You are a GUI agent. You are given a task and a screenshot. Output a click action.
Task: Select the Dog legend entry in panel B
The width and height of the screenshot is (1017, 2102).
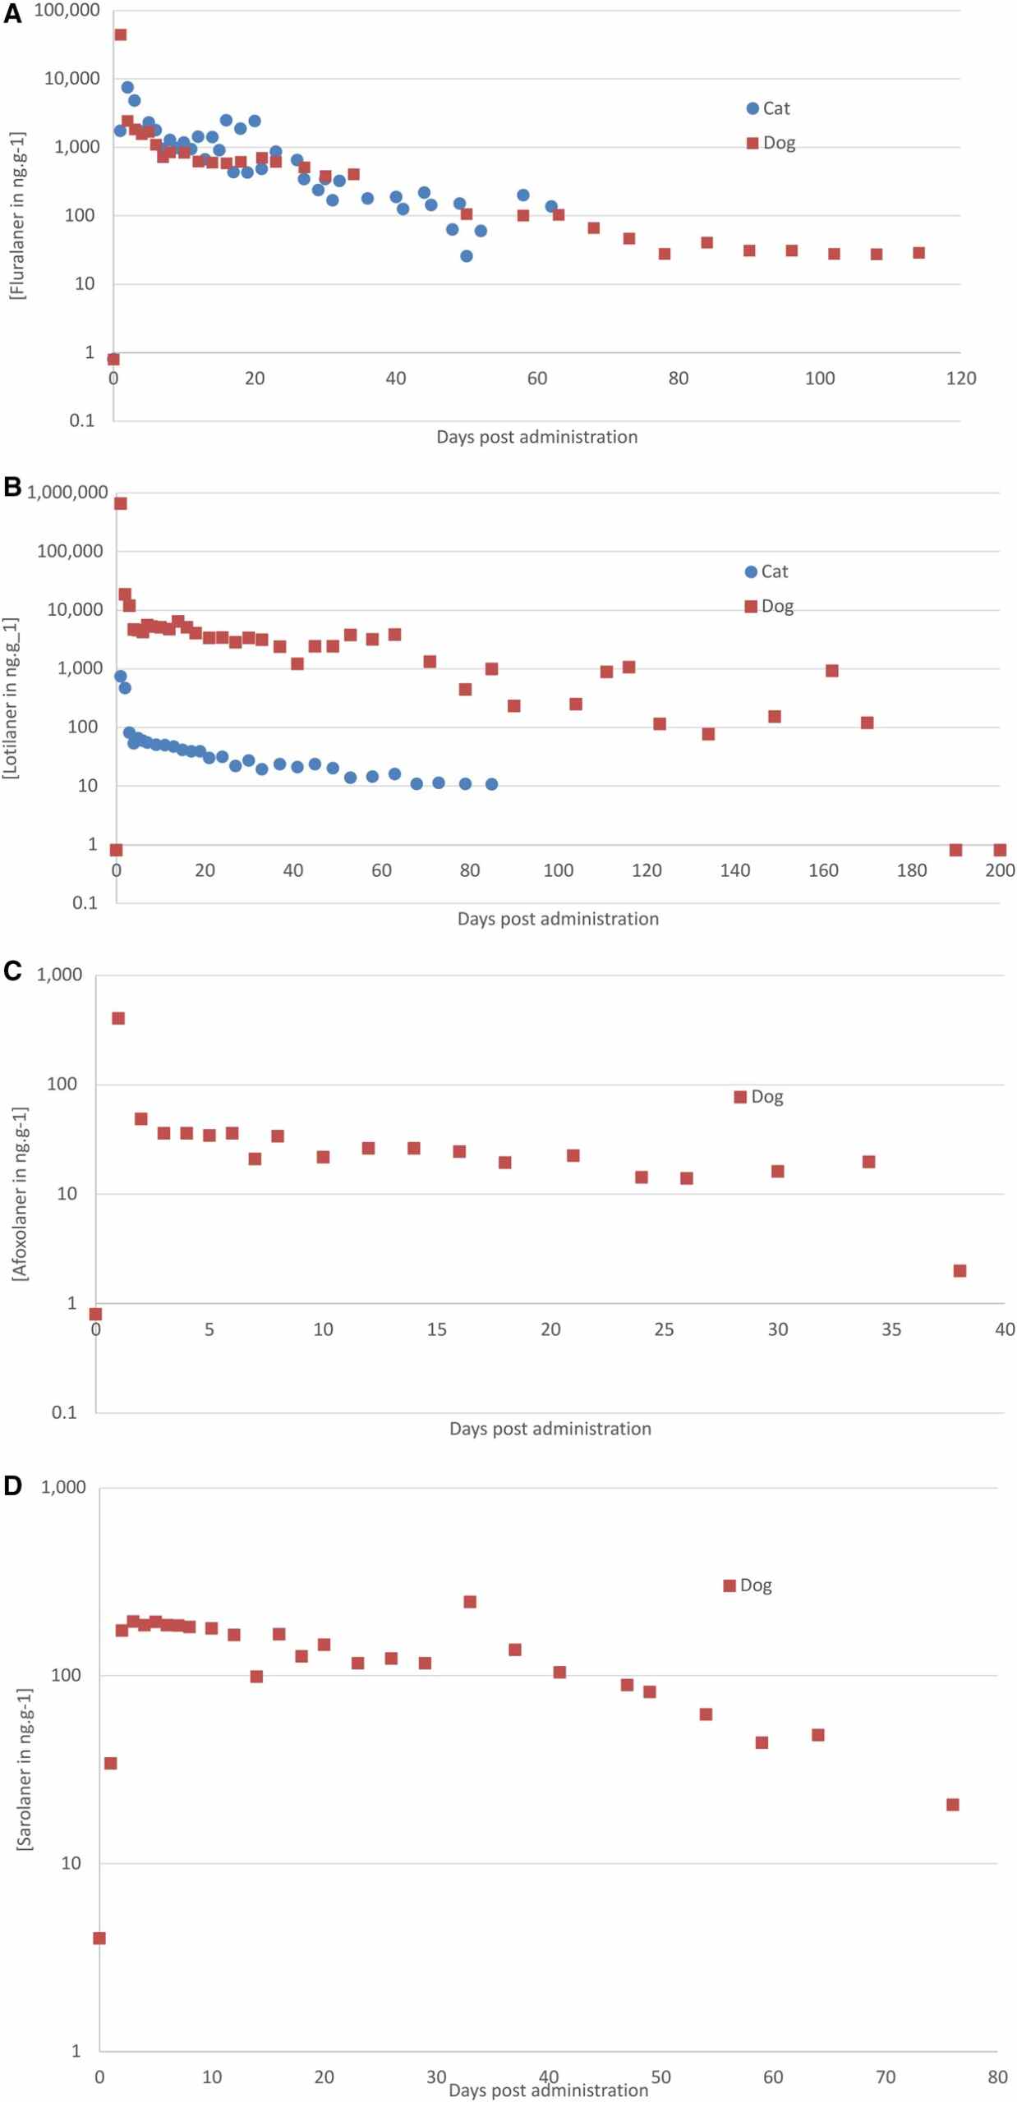point(768,607)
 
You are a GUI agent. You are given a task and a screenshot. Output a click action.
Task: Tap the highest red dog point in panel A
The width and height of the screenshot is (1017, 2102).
point(120,34)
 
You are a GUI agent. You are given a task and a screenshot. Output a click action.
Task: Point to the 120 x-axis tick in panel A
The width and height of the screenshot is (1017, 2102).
point(960,379)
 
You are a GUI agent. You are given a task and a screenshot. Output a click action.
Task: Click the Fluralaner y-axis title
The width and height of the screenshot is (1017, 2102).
point(17,215)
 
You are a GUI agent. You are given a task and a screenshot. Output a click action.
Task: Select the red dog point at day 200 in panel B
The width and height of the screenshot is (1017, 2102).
point(1000,850)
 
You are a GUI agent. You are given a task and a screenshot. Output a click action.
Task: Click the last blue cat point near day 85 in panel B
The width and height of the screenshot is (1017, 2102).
point(491,784)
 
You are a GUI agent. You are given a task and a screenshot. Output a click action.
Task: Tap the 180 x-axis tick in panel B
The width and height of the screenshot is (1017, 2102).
point(912,870)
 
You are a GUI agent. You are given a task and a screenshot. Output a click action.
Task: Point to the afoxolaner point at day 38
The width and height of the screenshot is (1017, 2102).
point(959,1271)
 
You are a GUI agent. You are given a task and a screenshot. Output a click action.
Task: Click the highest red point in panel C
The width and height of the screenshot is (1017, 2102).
point(118,1018)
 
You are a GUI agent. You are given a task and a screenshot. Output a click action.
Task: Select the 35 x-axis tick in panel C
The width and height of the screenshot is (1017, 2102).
point(891,1329)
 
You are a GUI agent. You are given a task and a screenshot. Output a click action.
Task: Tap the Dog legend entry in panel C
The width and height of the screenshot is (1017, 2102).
point(758,1097)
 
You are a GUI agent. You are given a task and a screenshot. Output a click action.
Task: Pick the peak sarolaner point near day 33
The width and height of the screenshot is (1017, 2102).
point(470,1602)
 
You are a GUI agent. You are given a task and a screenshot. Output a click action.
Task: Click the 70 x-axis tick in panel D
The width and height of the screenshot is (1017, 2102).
point(886,2077)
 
